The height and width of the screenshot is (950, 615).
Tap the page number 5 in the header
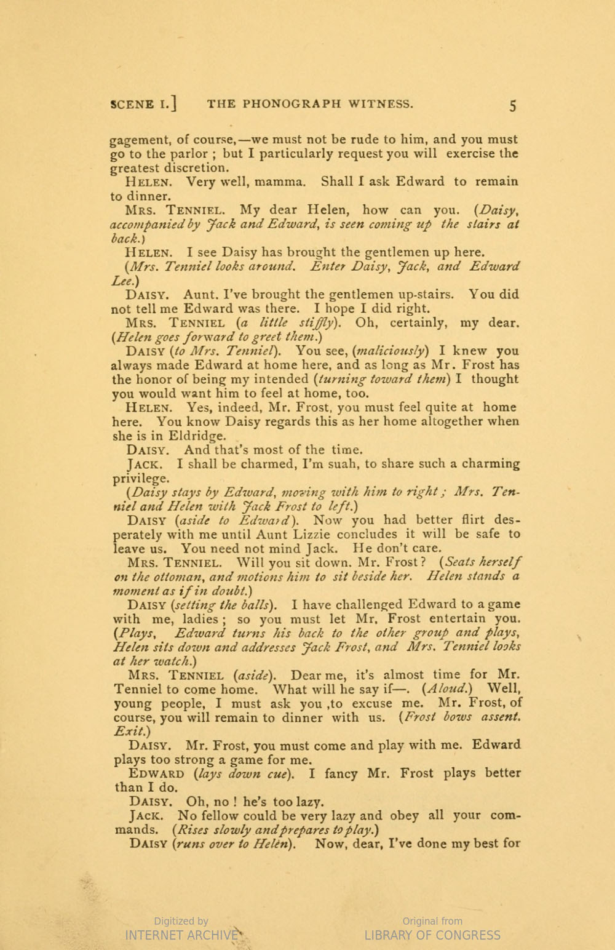[512, 105]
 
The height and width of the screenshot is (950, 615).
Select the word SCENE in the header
[132, 104]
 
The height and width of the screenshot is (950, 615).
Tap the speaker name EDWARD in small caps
[157, 774]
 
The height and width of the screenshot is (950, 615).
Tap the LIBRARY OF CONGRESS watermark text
[432, 935]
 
